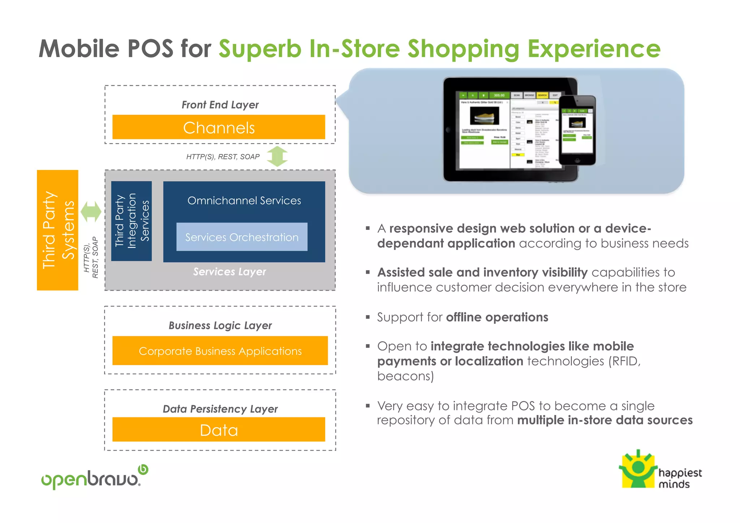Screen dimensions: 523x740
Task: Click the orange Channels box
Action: pyautogui.click(x=219, y=127)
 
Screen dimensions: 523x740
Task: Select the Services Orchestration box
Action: pyautogui.click(x=242, y=237)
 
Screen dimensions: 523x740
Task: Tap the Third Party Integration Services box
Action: pyautogui.click(x=132, y=221)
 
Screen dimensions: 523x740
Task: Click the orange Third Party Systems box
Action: pyautogui.click(x=57, y=230)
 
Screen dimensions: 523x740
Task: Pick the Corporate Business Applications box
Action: pyautogui.click(x=220, y=351)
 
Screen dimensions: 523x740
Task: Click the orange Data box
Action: pyautogui.click(x=219, y=429)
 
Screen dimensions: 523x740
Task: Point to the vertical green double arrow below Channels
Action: pyautogui.click(x=277, y=156)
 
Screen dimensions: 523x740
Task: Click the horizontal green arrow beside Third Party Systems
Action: pyautogui.click(x=91, y=211)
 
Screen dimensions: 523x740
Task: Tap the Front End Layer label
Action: pyautogui.click(x=220, y=105)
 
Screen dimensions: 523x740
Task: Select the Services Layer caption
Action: pyautogui.click(x=229, y=271)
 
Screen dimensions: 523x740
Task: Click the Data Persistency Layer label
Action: pyautogui.click(x=220, y=409)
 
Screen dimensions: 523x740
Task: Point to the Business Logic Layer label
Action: pyautogui.click(x=220, y=325)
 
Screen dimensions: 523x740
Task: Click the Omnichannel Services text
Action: pyautogui.click(x=244, y=201)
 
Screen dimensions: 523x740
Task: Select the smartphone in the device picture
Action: pyautogui.click(x=577, y=130)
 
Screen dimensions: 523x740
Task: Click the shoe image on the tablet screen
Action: pyautogui.click(x=484, y=116)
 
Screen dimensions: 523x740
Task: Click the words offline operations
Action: pyautogui.click(x=497, y=317)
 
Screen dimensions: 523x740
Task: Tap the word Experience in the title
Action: pyautogui.click(x=594, y=49)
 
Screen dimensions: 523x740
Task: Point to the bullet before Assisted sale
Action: pyautogui.click(x=368, y=272)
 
